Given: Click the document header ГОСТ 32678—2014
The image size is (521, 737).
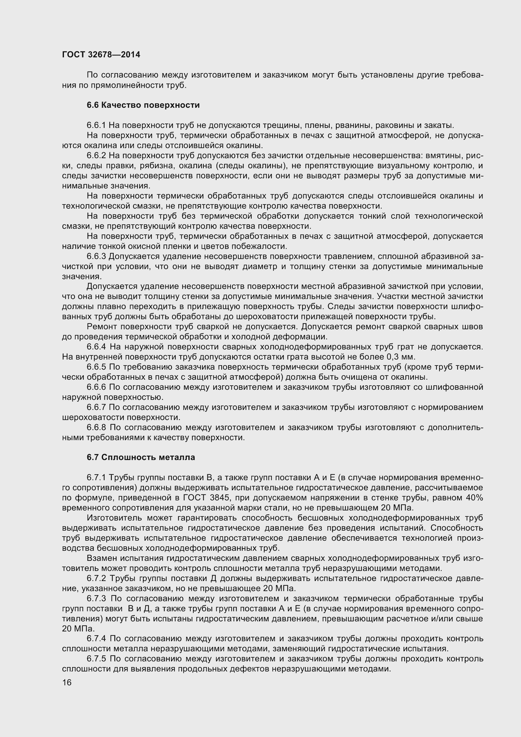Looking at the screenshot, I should tap(101, 55).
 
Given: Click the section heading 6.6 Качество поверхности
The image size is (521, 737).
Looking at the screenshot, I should tap(143, 105).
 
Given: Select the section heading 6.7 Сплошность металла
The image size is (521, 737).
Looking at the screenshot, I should tap(141, 458).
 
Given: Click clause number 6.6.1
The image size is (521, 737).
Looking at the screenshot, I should tap(96, 125).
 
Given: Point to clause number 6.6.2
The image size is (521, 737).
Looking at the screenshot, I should tap(96, 156).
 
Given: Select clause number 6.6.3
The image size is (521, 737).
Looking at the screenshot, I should tap(96, 256).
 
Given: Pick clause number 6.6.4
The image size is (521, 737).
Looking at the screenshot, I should tap(97, 347).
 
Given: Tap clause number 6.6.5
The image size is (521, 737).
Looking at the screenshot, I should tap(96, 367).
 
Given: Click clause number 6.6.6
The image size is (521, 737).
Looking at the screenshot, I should tap(96, 387).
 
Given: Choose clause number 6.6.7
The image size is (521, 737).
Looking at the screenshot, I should tap(96, 407).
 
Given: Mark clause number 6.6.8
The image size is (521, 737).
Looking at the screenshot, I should tap(97, 428).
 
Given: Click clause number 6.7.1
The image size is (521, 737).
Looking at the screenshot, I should tap(96, 478).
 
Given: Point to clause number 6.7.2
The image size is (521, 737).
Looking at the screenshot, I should tap(97, 579).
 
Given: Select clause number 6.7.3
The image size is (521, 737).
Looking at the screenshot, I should tap(97, 599).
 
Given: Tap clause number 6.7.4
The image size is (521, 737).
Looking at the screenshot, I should tap(97, 639).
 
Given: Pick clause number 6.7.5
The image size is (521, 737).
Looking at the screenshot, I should tap(97, 659).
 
